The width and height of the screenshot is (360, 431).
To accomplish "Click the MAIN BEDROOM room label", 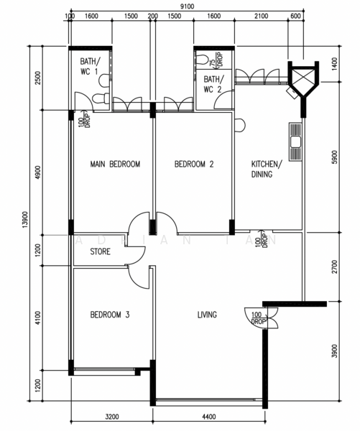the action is point(115,164).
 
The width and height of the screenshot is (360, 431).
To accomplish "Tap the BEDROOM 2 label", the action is point(194,164).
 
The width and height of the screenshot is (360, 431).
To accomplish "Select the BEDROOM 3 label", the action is point(110,315).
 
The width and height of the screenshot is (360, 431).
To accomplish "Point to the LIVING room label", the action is point(207,315).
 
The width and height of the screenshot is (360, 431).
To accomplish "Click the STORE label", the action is point(101,251).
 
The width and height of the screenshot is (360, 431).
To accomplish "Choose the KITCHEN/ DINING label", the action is point(267,169).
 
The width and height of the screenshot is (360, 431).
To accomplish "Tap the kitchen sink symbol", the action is point(295,142).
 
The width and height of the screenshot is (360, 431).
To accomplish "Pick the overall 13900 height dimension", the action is point(25,220).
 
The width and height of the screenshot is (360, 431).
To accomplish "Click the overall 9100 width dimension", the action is point(187,6).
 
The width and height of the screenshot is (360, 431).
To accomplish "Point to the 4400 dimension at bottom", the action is point(209,417).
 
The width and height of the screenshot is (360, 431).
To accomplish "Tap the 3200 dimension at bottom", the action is point(112,417).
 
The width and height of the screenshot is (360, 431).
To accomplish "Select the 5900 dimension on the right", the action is point(334,157).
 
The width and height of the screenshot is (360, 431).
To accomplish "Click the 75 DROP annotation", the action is point(216,60).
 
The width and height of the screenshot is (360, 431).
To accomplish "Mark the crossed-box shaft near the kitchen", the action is point(303,78).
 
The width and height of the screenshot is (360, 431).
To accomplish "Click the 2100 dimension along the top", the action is point(262,17).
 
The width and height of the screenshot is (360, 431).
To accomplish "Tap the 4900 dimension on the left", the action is point(38,172).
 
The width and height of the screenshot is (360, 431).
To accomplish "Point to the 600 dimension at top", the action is point(295,17).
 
